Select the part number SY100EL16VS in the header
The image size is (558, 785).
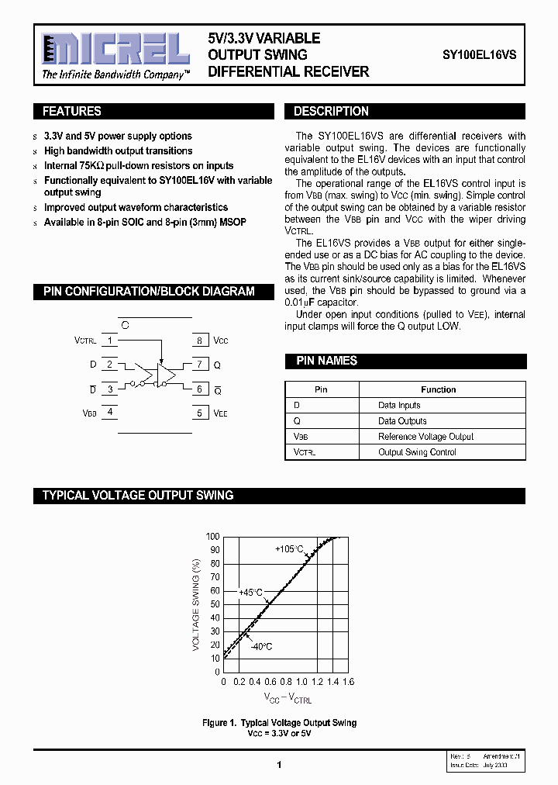click(x=480, y=55)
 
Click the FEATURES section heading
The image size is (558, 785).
click(x=72, y=111)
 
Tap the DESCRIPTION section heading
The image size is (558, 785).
click(x=331, y=111)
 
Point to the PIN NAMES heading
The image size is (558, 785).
click(x=326, y=361)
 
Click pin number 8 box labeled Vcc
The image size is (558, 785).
click(x=199, y=341)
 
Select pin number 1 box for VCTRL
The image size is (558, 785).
click(x=110, y=340)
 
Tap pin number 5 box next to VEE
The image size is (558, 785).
click(x=199, y=413)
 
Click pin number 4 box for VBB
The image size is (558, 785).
click(x=110, y=412)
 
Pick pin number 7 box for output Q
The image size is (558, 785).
click(x=199, y=364)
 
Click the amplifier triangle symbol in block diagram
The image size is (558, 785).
click(x=165, y=375)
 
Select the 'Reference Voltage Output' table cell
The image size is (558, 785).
click(x=425, y=437)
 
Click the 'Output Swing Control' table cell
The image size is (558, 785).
click(x=417, y=452)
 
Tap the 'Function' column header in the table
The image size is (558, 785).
click(x=438, y=389)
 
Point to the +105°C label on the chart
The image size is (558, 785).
click(x=289, y=549)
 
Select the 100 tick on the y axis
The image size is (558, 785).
click(x=212, y=536)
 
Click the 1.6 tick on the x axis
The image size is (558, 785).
click(x=348, y=681)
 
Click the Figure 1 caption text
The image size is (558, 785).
click(x=279, y=723)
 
